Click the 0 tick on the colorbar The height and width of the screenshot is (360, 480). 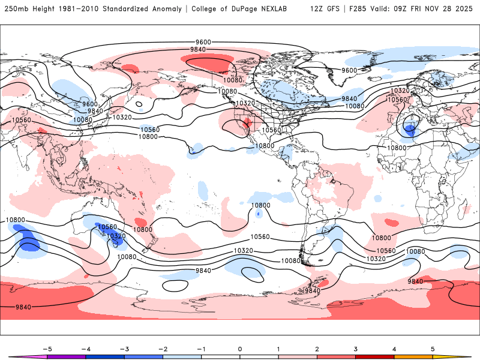(x=240, y=349)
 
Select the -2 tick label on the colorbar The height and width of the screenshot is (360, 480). (x=162, y=349)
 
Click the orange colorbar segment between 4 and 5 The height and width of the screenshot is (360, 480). (x=413, y=356)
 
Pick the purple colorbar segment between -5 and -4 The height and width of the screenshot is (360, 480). (x=67, y=356)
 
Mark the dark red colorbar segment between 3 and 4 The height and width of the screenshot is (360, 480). (x=375, y=356)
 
